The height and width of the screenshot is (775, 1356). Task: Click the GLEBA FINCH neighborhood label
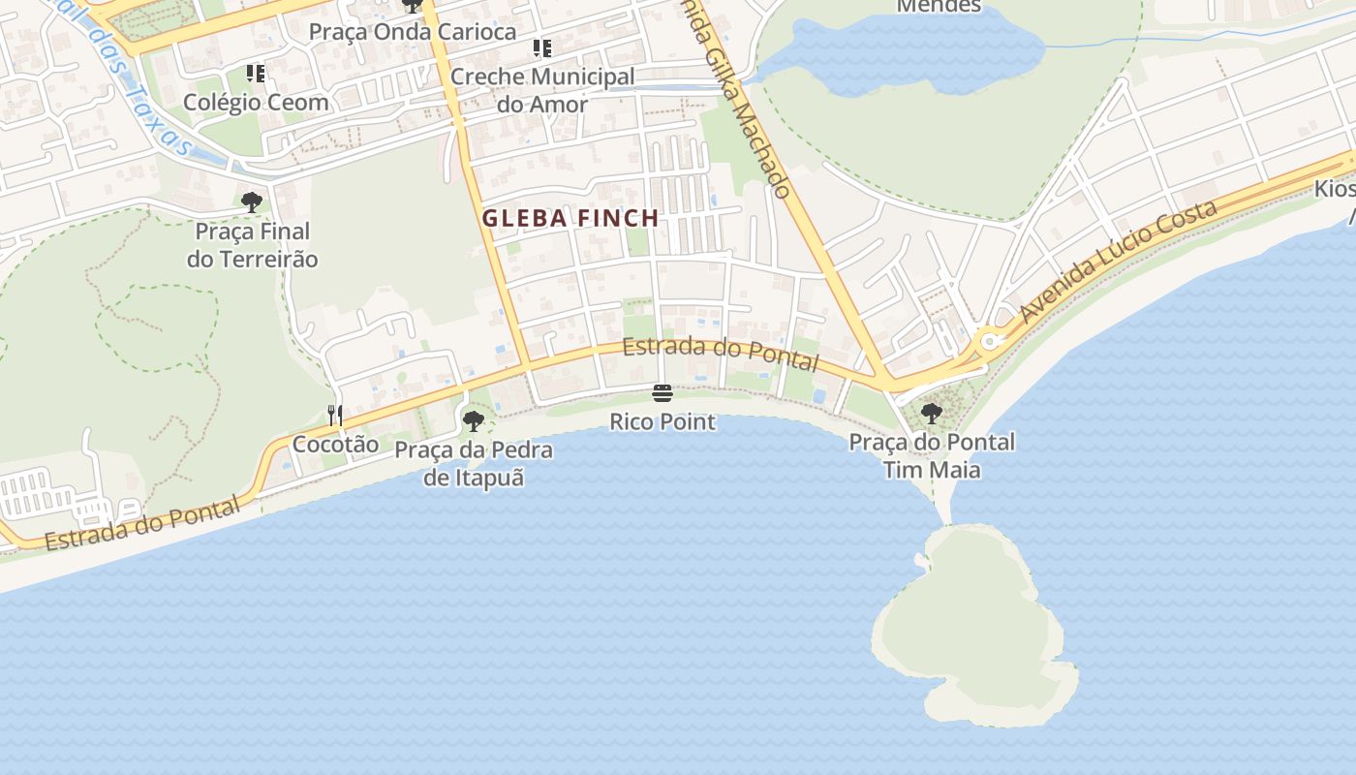pos(570,219)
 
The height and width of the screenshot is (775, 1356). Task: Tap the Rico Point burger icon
pos(663,393)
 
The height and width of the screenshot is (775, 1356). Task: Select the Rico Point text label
pos(663,422)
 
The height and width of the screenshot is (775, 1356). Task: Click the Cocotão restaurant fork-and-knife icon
pos(335,417)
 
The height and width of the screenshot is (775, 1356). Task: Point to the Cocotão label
pos(335,445)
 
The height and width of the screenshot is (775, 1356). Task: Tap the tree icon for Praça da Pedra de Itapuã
pos(473,420)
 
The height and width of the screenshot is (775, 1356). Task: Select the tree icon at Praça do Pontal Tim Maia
pos(931,414)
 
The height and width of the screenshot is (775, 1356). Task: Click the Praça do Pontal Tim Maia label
pos(932,456)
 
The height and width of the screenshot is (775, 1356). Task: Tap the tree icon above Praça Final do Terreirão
pos(252,202)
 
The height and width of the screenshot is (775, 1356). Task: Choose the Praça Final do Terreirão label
pos(252,245)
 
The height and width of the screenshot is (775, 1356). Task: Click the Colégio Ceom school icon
pos(256,74)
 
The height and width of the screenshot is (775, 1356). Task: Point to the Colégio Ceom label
pos(256,102)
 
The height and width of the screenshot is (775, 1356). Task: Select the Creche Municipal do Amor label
pos(542,90)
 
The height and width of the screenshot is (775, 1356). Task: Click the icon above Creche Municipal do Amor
pos(542,48)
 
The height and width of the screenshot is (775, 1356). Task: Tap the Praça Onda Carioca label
pos(413,32)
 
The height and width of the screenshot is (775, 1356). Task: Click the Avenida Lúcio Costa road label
pos(1118,263)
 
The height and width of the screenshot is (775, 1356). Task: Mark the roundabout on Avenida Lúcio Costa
pos(989,341)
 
